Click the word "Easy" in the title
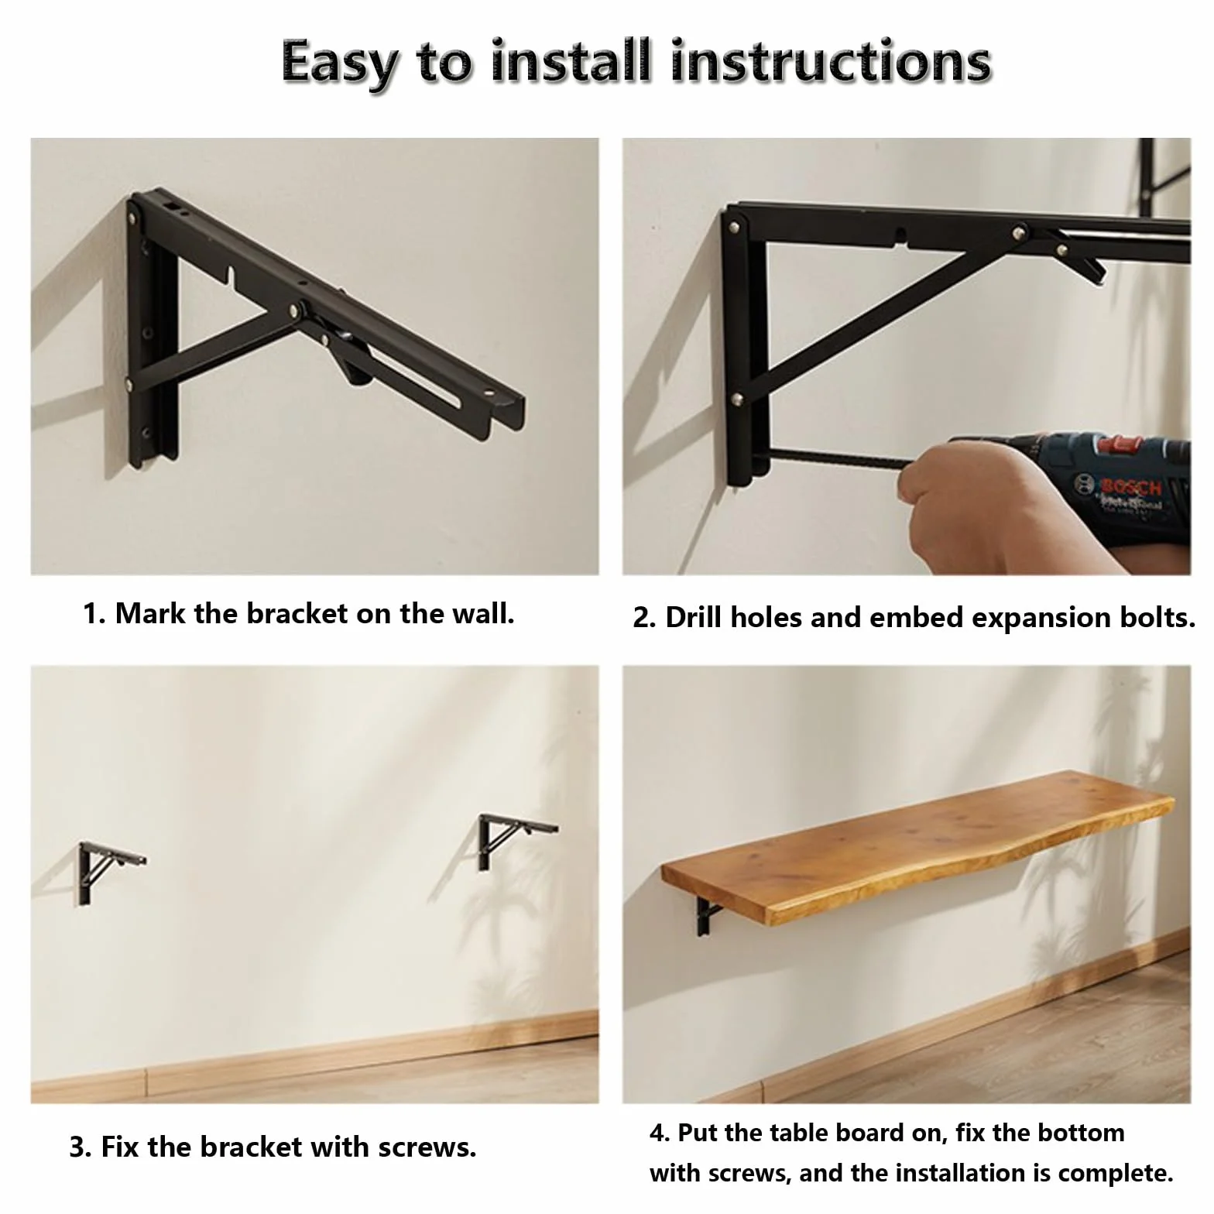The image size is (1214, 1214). click(338, 63)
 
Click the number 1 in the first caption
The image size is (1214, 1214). click(90, 614)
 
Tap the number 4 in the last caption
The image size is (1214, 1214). click(657, 1133)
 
